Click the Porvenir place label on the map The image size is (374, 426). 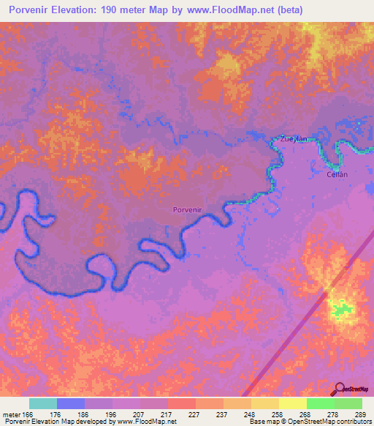(x=187, y=210)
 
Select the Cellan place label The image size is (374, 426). (x=337, y=174)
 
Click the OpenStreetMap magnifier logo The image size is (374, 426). (x=338, y=389)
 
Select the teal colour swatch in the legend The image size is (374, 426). (x=43, y=403)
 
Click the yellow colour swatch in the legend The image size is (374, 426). (x=292, y=403)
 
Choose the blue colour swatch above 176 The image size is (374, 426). (x=71, y=403)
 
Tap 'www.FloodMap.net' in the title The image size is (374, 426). (x=227, y=10)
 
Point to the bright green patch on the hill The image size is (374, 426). (x=340, y=310)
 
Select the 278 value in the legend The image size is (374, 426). (x=334, y=414)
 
